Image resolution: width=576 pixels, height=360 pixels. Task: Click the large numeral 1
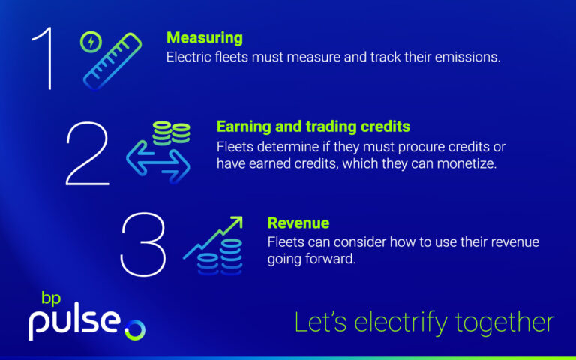(x=48, y=58)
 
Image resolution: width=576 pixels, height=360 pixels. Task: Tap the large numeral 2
(x=88, y=154)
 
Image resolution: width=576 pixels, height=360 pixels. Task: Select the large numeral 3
(x=143, y=244)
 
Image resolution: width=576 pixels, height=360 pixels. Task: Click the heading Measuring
(x=205, y=38)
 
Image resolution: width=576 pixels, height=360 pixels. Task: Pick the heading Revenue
(x=298, y=223)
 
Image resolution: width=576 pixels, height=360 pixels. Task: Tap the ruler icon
(x=112, y=61)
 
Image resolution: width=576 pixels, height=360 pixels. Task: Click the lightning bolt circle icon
(x=91, y=42)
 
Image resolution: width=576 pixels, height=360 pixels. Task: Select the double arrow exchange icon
(x=158, y=162)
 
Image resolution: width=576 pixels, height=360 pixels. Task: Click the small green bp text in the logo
(x=51, y=298)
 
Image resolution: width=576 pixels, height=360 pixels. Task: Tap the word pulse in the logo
(x=74, y=322)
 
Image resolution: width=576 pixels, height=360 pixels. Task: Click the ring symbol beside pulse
(x=135, y=330)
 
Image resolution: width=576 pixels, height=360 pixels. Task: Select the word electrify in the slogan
(x=400, y=322)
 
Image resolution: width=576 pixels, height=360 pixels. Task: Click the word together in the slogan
(x=505, y=323)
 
